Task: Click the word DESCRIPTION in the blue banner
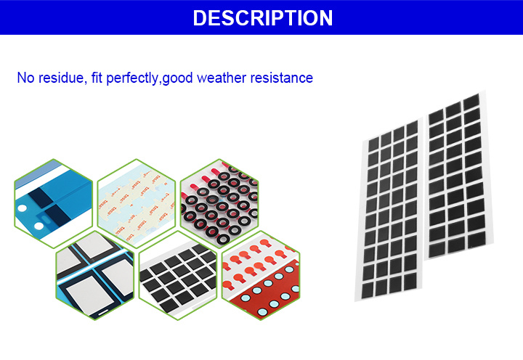263,17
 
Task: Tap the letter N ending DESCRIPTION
325,17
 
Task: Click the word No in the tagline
25,78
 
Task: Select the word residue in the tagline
62,78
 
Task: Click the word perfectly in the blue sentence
132,78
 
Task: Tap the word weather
222,78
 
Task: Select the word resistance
282,78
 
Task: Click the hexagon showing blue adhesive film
53,204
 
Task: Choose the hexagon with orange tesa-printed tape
137,204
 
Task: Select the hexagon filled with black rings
219,204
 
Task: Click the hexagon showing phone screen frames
95,275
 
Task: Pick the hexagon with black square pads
178,275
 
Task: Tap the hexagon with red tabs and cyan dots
261,275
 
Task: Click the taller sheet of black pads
389,210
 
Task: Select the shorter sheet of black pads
458,176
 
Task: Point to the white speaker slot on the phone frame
102,312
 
